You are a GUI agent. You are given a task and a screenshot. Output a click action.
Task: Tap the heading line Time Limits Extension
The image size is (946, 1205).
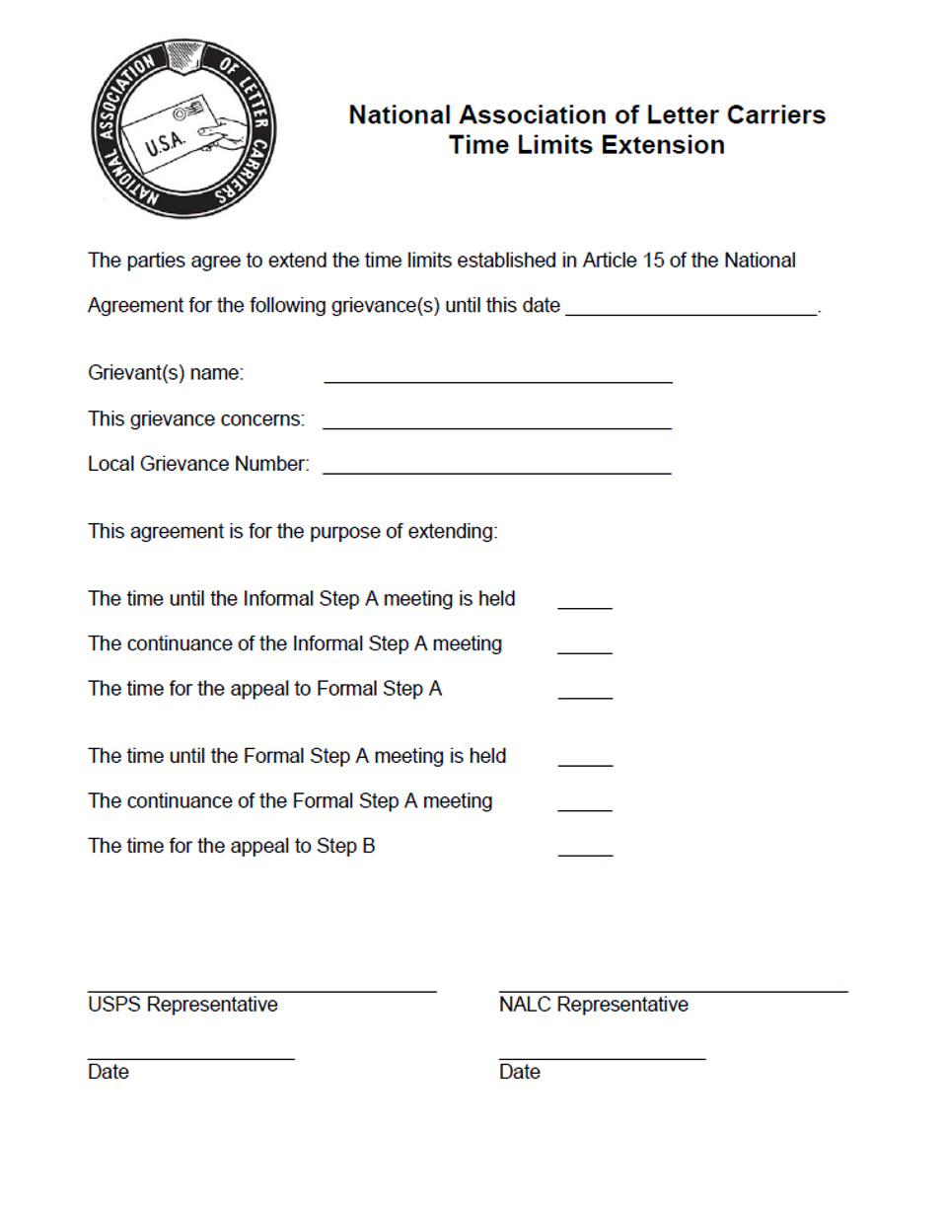point(587,146)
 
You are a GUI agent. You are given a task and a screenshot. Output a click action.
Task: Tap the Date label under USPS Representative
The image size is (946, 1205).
point(108,1071)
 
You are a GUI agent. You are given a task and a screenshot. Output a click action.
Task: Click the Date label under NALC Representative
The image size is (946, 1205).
point(519,1071)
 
